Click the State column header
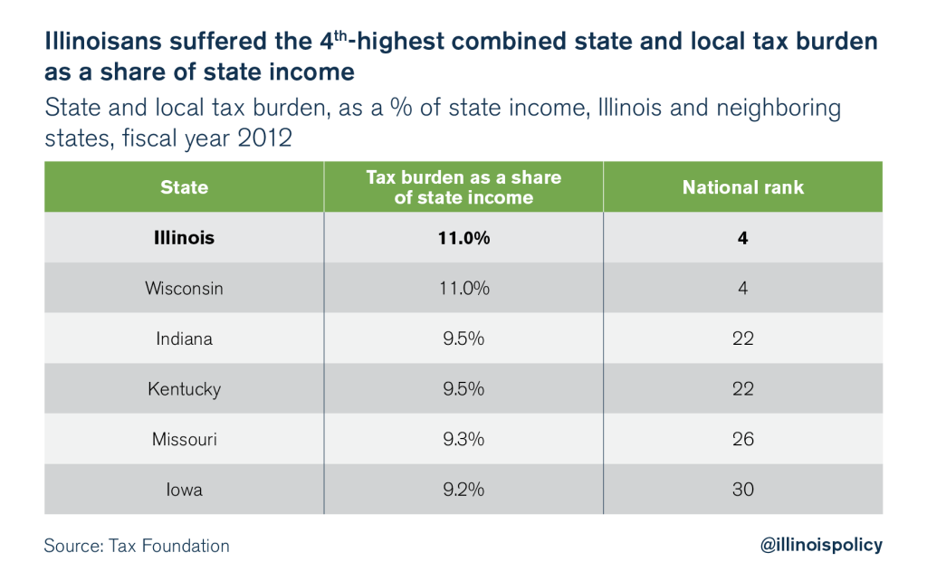(184, 187)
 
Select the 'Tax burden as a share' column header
(463, 187)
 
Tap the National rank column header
(742, 187)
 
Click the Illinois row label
(184, 238)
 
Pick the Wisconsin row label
(184, 289)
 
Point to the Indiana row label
(184, 338)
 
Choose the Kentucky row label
(184, 389)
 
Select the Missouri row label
(184, 439)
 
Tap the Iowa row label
(184, 490)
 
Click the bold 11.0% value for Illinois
(463, 238)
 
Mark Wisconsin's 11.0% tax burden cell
(463, 289)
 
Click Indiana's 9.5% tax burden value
(463, 338)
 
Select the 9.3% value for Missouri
(463, 439)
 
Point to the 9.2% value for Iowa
(463, 490)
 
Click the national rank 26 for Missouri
(742, 439)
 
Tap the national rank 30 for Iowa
(742, 490)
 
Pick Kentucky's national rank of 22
(742, 389)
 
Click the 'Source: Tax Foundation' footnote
(136, 546)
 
